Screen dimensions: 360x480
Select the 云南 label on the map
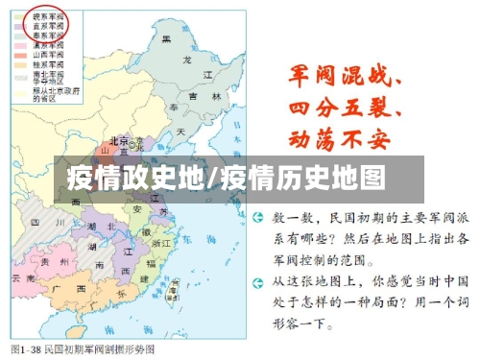[20, 277]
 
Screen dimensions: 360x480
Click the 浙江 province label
[161, 245]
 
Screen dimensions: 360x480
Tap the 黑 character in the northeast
[166, 38]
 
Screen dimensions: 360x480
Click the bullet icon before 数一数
[258, 220]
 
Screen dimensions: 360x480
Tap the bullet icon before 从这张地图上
[258, 281]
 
